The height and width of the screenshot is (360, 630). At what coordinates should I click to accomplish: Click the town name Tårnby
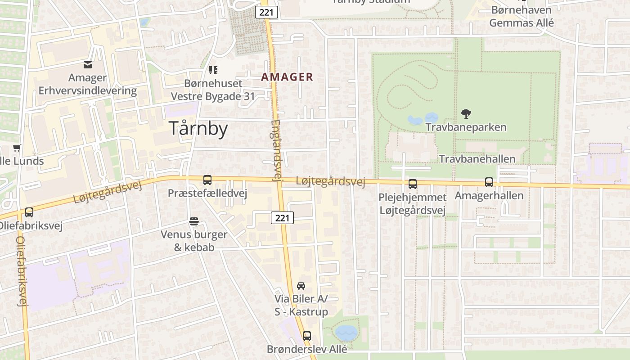[198, 129]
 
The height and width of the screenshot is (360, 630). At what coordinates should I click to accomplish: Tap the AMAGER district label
[287, 77]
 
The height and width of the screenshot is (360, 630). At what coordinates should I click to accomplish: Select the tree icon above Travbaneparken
[466, 114]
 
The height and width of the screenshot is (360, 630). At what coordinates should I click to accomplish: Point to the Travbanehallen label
[477, 159]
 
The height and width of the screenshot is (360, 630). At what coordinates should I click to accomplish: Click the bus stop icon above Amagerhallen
[489, 182]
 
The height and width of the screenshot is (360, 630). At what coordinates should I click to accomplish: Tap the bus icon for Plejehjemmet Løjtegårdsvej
[412, 184]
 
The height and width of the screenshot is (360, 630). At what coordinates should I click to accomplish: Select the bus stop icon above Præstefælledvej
[207, 180]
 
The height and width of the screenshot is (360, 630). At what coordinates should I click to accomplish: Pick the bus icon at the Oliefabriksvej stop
[29, 212]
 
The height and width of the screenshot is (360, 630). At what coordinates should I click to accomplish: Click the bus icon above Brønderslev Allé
[307, 336]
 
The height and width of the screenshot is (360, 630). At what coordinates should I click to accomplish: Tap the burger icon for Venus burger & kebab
[194, 221]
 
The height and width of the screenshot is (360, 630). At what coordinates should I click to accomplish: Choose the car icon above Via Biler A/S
[301, 286]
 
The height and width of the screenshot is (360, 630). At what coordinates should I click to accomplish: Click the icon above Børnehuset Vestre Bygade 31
[213, 70]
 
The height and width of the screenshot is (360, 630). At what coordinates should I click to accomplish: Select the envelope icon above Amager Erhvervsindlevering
[87, 65]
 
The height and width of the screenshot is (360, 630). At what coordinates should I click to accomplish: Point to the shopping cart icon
[17, 148]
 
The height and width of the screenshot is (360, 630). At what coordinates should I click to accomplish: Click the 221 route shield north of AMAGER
[266, 12]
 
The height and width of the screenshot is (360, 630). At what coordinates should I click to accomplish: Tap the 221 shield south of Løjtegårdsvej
[282, 218]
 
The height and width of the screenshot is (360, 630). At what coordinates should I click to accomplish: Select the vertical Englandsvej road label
[276, 150]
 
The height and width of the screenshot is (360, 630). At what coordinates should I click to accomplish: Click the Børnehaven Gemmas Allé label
[521, 16]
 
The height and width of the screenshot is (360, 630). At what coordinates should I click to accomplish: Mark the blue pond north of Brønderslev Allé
[346, 333]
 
